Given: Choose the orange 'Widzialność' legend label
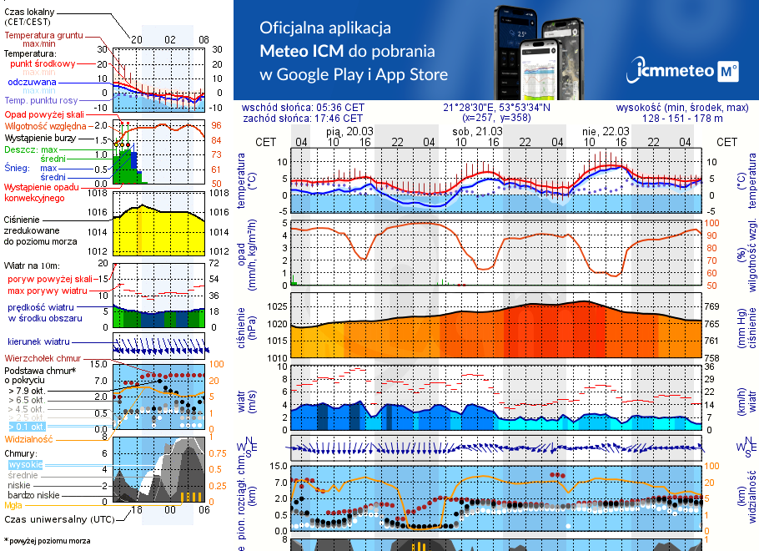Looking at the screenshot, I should [28, 437].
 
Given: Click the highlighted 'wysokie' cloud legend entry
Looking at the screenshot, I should [24, 464].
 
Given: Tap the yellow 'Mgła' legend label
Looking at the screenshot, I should [13, 504].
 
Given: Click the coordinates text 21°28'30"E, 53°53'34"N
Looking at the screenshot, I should [496, 107].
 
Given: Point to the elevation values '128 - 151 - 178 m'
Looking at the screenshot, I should [682, 119].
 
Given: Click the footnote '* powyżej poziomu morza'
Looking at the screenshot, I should [47, 541].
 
